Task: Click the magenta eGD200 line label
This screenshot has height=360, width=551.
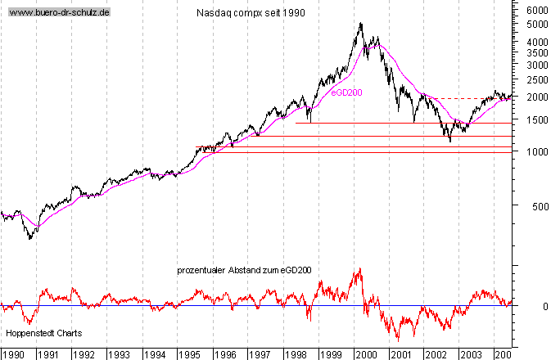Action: coord(346,92)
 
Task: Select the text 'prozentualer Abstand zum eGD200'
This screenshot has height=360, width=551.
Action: coord(244,269)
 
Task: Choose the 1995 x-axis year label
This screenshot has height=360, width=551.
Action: coord(189,354)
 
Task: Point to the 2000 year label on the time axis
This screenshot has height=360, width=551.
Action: coord(365,354)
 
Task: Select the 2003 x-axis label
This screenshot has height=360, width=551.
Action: coord(471,354)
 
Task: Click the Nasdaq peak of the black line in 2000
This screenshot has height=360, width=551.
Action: coord(361,24)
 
